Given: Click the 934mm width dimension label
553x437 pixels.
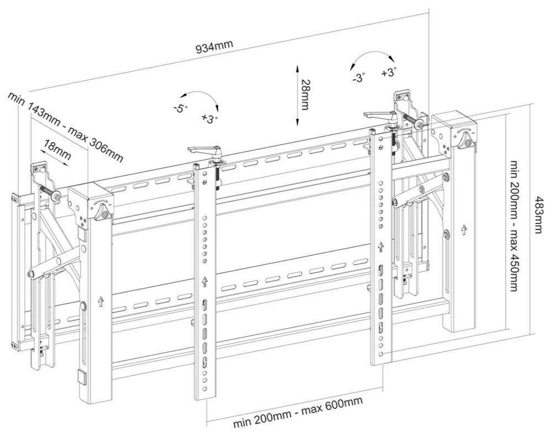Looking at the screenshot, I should click(x=215, y=48).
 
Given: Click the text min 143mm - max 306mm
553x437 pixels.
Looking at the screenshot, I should click(x=65, y=127).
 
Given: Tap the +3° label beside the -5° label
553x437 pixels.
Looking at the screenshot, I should click(x=210, y=118).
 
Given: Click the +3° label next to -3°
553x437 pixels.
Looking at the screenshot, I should click(x=389, y=72).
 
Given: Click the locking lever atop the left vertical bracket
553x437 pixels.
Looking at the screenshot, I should click(x=205, y=150).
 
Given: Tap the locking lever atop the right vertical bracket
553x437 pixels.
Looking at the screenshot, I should click(x=380, y=116).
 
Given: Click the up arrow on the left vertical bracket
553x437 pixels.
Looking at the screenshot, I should click(x=205, y=281).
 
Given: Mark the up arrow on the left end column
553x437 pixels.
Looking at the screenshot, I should click(x=100, y=301).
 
